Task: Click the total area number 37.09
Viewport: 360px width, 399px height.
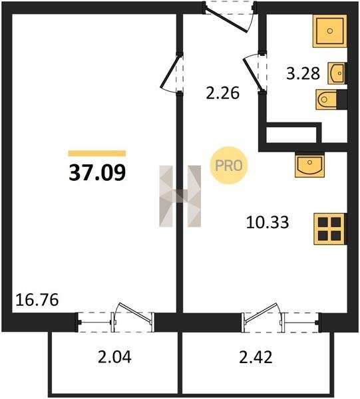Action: pyautogui.click(x=97, y=172)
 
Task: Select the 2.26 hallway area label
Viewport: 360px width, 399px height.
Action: pyautogui.click(x=222, y=93)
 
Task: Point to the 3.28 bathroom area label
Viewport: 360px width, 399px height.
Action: pyautogui.click(x=303, y=74)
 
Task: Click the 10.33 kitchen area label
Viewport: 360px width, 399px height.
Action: pyautogui.click(x=268, y=222)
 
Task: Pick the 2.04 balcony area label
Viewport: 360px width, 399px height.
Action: pyautogui.click(x=114, y=356)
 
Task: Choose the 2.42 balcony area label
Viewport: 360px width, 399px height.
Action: pyautogui.click(x=256, y=356)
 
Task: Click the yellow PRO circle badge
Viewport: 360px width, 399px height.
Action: pyautogui.click(x=229, y=166)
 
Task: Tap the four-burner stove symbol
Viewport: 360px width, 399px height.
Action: pyautogui.click(x=330, y=229)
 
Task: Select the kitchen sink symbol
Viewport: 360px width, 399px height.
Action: pyautogui.click(x=309, y=165)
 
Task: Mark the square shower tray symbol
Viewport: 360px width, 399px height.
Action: pyautogui.click(x=330, y=31)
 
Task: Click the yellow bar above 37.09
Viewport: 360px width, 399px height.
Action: pyautogui.click(x=97, y=153)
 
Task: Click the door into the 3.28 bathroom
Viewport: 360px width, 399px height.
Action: pyautogui.click(x=255, y=73)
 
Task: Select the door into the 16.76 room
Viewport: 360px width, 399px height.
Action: pyautogui.click(x=171, y=73)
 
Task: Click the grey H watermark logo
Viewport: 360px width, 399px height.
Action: pyautogui.click(x=180, y=196)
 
